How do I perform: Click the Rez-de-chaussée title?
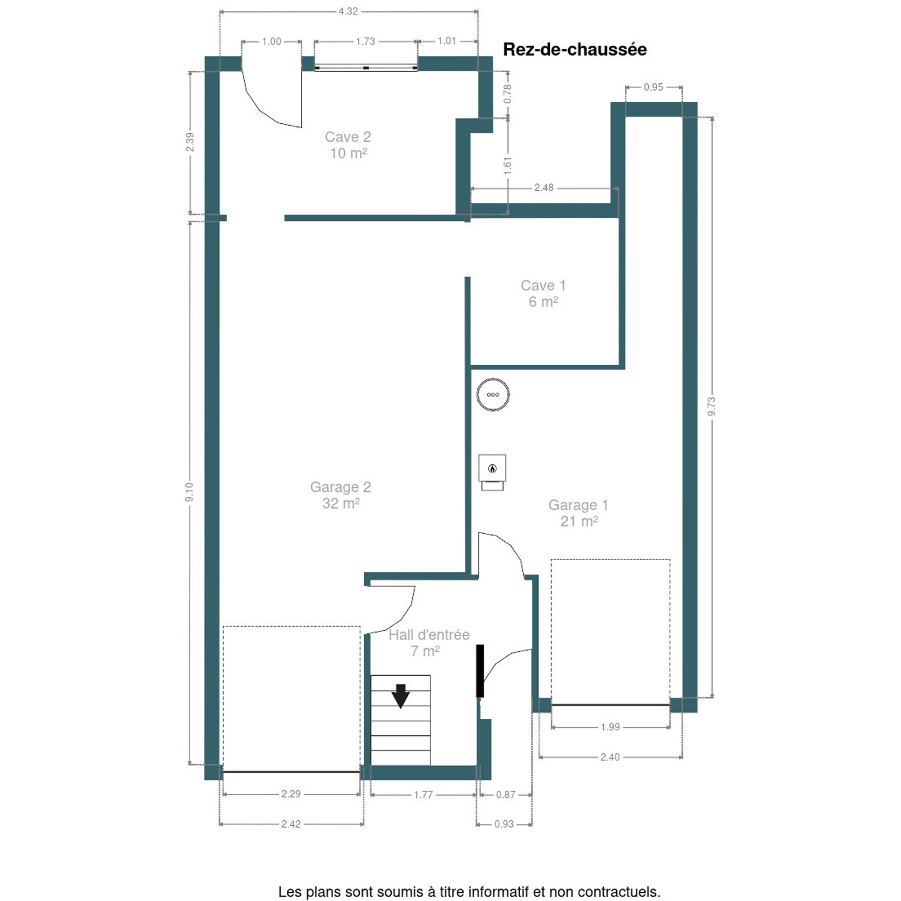574,49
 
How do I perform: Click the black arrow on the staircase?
400,696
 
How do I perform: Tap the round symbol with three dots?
493,395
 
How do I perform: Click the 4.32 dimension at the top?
349,11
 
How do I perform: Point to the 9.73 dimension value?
711,406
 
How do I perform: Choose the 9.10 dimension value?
189,492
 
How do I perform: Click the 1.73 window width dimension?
365,42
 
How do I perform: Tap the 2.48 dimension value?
544,188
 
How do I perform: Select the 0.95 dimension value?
653,87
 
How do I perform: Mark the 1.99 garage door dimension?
610,727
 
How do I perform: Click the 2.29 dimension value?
291,793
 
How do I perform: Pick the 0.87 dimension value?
506,795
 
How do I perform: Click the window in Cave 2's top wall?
365,68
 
